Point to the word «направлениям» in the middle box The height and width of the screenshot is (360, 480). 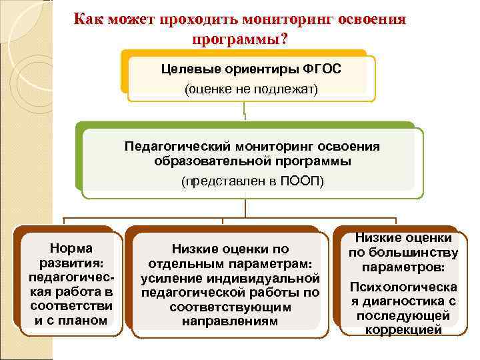pyautogui.click(x=231, y=321)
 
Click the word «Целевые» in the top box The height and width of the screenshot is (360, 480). pyautogui.click(x=190, y=69)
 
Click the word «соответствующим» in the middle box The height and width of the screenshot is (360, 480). pyautogui.click(x=231, y=307)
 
